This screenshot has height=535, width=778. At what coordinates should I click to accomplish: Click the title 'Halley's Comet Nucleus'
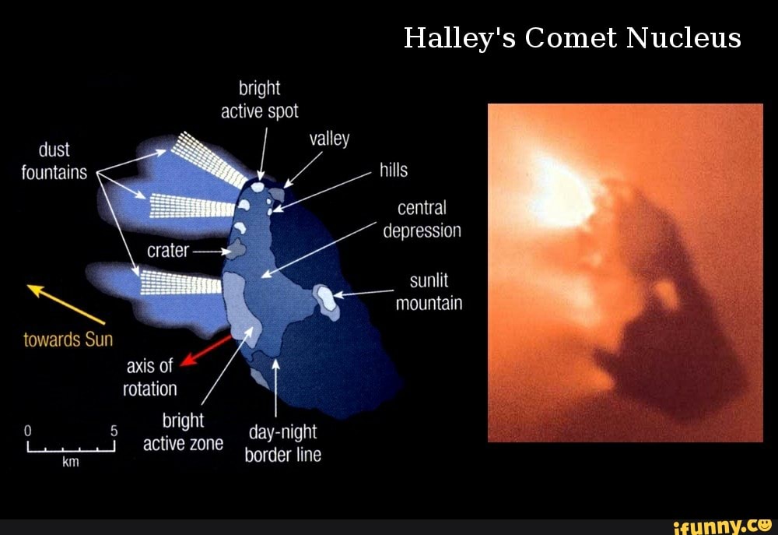(x=572, y=37)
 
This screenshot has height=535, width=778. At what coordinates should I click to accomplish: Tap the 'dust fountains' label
(x=54, y=161)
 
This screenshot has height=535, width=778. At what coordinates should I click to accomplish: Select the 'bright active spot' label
(x=259, y=100)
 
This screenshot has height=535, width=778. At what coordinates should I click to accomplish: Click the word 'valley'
(x=329, y=139)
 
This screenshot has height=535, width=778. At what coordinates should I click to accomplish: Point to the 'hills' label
(x=394, y=171)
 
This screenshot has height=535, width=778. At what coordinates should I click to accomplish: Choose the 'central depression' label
(x=422, y=220)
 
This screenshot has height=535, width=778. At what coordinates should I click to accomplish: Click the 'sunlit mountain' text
(x=429, y=292)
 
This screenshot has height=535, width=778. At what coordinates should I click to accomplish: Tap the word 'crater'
(x=167, y=251)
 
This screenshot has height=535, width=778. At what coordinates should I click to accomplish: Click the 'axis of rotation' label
(x=149, y=377)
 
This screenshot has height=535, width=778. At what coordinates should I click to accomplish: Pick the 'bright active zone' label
(x=183, y=432)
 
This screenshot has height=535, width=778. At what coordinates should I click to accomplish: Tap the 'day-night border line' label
(x=282, y=444)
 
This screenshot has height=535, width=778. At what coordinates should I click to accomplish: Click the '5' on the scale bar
(x=114, y=430)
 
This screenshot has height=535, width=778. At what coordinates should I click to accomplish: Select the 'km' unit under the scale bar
(x=70, y=463)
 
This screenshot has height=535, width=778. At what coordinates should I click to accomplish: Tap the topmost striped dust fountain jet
(x=206, y=160)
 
